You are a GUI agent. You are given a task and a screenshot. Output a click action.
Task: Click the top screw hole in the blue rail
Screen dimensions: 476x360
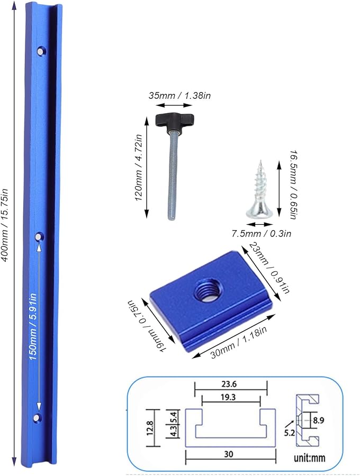click(x=40, y=51)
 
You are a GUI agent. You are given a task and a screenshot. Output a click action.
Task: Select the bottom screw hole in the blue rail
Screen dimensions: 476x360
click(x=37, y=418)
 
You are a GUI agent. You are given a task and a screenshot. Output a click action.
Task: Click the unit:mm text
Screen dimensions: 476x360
click(x=313, y=456)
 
